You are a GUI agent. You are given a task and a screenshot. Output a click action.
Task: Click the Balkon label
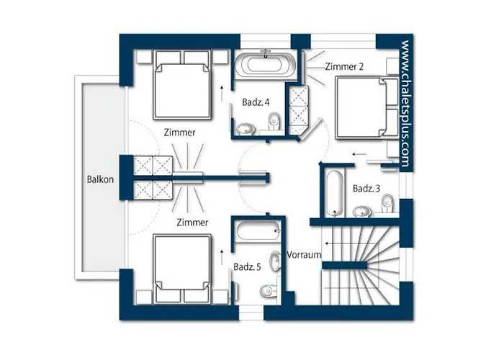pyautogui.click(x=100, y=179)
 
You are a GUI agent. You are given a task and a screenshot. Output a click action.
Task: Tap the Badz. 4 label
pyautogui.click(x=256, y=102)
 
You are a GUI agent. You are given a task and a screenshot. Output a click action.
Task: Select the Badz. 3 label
pyautogui.click(x=366, y=189)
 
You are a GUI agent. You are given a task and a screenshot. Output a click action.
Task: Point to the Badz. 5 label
pyautogui.click(x=247, y=267)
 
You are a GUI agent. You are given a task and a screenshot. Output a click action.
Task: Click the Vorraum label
pyautogui.click(x=304, y=255)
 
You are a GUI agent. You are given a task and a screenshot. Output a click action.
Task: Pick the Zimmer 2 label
pyautogui.click(x=344, y=66)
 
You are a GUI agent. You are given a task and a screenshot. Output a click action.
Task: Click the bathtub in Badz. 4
pyautogui.click(x=265, y=63)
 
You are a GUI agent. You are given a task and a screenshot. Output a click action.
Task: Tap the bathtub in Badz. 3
pyautogui.click(x=336, y=193)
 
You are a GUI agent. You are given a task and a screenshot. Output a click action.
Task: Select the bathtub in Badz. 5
pyautogui.click(x=258, y=230)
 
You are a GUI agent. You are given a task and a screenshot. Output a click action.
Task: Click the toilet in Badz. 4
pyautogui.click(x=274, y=122)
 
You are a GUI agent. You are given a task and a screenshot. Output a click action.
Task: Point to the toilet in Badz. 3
pyautogui.click(x=387, y=203)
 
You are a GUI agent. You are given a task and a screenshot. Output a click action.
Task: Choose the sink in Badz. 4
pyautogui.click(x=246, y=130)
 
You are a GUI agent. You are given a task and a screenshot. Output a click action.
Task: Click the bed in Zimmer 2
pyautogui.click(x=366, y=108)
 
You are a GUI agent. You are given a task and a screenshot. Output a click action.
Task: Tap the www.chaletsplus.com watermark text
pyautogui.click(x=405, y=104)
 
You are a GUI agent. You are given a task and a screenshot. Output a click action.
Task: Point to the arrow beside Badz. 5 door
pyautogui.click(x=222, y=257)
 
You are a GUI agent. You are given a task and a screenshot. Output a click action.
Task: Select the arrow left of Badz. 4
pyautogui.click(x=222, y=94)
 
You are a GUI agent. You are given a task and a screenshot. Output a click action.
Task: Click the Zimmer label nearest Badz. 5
pyautogui.click(x=192, y=222)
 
